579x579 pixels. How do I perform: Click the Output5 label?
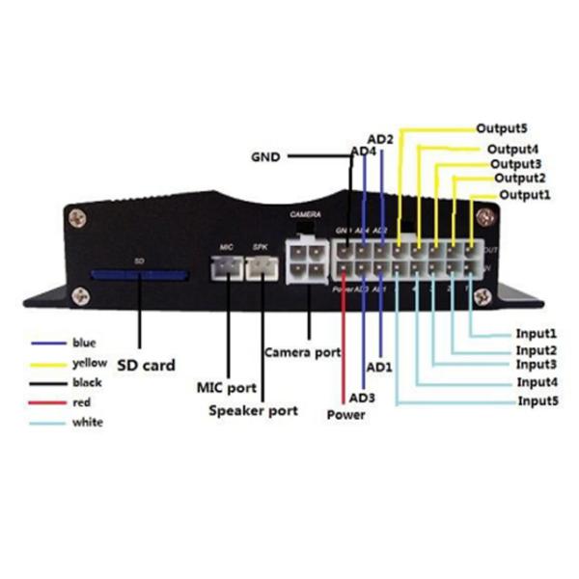[502, 127]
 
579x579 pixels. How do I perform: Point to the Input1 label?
[538, 333]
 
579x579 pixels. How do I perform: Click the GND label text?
[265, 155]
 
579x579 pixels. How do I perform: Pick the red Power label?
[345, 415]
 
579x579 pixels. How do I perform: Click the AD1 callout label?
[379, 368]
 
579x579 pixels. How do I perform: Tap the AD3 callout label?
[362, 397]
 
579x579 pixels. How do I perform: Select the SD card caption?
[146, 366]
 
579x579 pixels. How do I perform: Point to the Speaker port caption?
[254, 411]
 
